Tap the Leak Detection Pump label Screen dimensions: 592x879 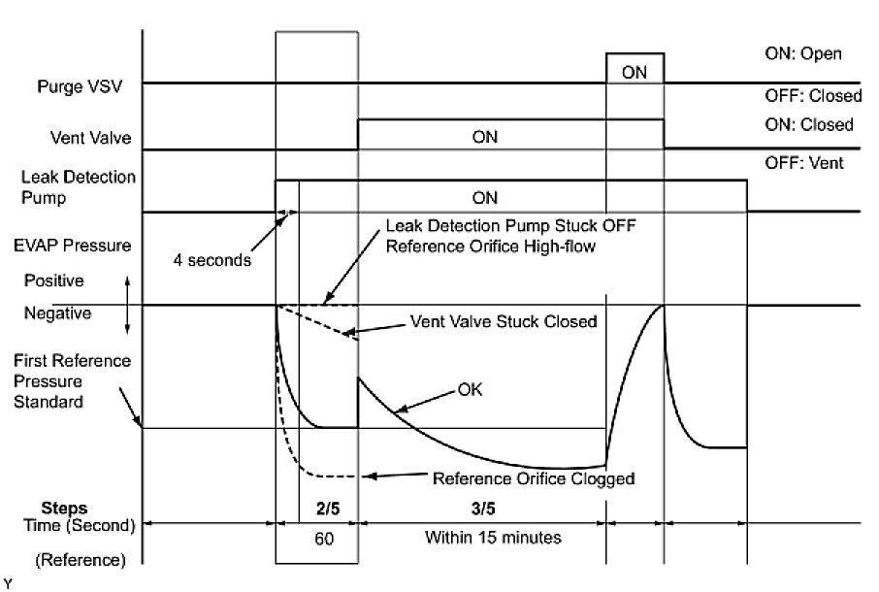point(79,187)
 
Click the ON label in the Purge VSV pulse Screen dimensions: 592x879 point(635,72)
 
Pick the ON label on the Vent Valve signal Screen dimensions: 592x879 point(484,137)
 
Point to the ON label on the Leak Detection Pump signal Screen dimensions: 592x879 point(484,198)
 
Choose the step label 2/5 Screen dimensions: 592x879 point(326,508)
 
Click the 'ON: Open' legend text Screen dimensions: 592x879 point(802,53)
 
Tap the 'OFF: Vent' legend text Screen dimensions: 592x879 point(803,163)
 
